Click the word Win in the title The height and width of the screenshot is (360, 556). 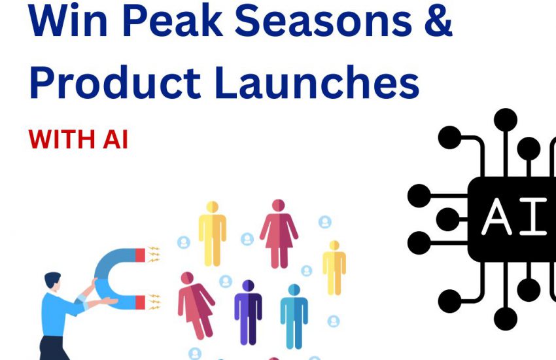coord(68,20)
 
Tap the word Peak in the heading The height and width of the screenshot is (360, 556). coord(173,20)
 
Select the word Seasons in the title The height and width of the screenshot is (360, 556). coord(323,20)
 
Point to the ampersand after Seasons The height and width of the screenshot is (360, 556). coord(438,20)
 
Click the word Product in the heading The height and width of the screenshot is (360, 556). coord(116,82)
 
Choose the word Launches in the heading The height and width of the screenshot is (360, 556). coord(317,82)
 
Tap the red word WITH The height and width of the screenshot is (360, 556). coord(61,139)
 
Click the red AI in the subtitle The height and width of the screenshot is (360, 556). coord(115,139)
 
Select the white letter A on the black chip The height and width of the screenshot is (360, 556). coord(496,217)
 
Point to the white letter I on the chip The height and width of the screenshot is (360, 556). coord(533,217)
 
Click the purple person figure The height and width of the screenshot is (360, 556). coord(248,312)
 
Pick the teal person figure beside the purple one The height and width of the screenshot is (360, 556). coord(294,316)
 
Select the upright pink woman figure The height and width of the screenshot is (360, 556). coord(279,234)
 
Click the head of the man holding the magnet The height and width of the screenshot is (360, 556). coord(53,281)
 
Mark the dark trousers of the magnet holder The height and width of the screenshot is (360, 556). coord(53,348)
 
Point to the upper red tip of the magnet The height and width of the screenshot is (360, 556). coord(140,255)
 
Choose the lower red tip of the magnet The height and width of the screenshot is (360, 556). coord(140,302)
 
